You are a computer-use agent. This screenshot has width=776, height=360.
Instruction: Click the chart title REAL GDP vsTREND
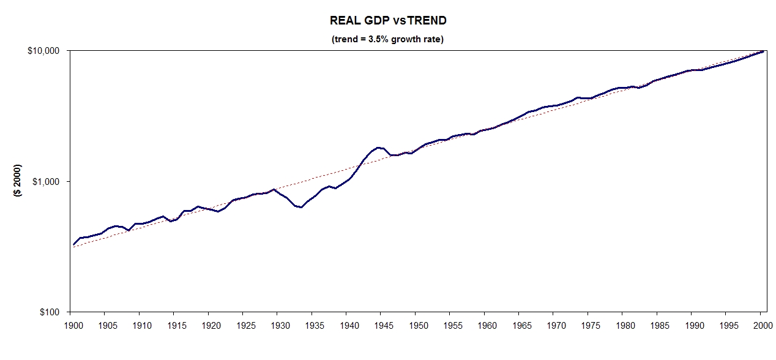[x=388, y=20]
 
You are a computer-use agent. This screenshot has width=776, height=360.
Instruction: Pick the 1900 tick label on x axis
[x=70, y=325]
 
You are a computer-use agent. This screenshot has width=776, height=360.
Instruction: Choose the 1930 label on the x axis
[x=278, y=325]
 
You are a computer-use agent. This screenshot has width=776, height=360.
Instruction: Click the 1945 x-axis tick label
[x=381, y=325]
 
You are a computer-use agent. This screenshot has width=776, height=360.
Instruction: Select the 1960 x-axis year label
[x=485, y=325]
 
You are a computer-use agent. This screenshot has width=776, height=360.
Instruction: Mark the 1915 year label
[x=174, y=325]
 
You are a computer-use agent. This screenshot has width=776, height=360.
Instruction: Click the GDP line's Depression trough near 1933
[x=301, y=207]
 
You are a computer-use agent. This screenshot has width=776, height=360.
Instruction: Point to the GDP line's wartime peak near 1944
[x=378, y=148]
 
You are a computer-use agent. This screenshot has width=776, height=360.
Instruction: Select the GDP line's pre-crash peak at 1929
[x=274, y=189]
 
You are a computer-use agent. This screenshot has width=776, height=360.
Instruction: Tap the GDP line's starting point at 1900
[x=73, y=245]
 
